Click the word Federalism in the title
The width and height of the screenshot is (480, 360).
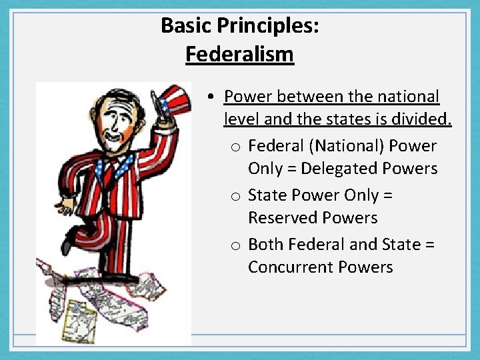point(239,53)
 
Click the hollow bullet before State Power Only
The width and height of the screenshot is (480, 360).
point(237,196)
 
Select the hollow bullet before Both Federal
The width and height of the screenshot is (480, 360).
point(237,245)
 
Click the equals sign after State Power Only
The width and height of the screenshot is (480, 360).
point(388,195)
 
